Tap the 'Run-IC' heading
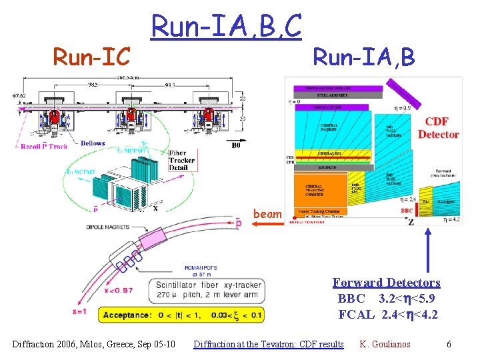[x=91, y=57]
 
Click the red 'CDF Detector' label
[x=438, y=128]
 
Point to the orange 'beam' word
[x=267, y=214]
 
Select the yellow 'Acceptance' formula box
[x=181, y=315]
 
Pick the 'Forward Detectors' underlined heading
[x=387, y=283]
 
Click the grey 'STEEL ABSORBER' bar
[x=337, y=95]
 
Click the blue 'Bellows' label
[x=93, y=143]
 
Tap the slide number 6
[x=449, y=344]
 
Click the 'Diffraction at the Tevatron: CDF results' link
[x=268, y=344]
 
